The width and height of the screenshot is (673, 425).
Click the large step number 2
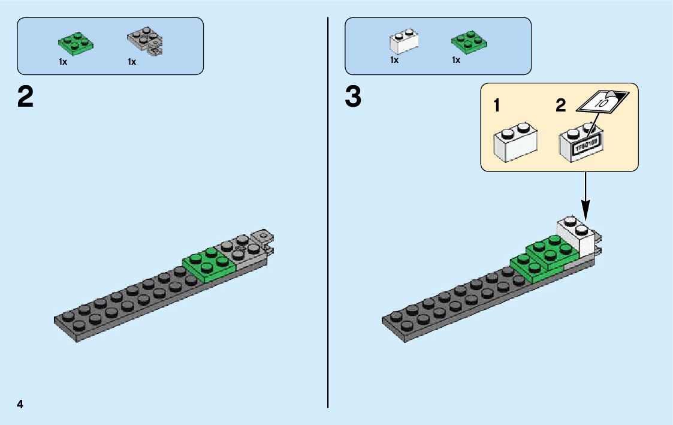pyautogui.click(x=26, y=98)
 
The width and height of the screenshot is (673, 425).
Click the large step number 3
pyautogui.click(x=354, y=98)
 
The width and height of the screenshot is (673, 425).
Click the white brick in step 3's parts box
pyautogui.click(x=403, y=41)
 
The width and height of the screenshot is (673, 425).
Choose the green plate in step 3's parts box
pyautogui.click(x=469, y=42)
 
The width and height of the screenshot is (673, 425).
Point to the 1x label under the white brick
pyautogui.click(x=394, y=60)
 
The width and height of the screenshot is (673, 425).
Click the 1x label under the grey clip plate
pyautogui.click(x=132, y=62)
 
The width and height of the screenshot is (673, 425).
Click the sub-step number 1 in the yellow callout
pyautogui.click(x=497, y=107)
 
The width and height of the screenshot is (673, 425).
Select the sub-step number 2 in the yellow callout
pyautogui.click(x=560, y=107)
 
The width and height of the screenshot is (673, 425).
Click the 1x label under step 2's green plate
pyautogui.click(x=63, y=62)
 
